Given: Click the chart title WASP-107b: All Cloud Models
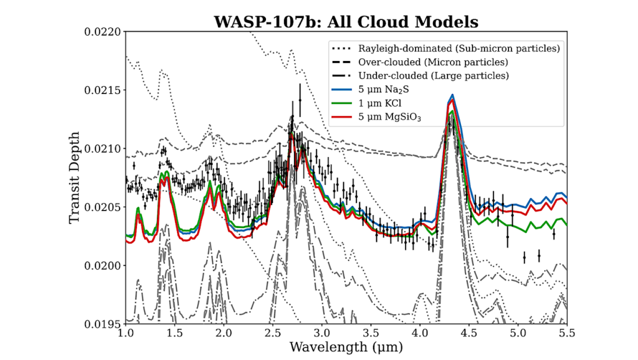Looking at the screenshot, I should click(346, 22).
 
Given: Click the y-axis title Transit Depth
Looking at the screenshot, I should click(75, 178).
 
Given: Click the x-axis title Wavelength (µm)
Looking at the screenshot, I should click(346, 346).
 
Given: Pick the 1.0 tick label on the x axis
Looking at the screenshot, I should click(126, 334).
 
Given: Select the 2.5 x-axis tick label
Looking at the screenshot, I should click(273, 334).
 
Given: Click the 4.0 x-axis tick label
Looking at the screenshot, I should click(420, 334).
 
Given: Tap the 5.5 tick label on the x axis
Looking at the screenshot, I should click(566, 334).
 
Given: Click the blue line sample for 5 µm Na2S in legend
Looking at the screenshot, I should click(341, 90).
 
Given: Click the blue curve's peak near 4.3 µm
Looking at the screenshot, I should click(452, 95).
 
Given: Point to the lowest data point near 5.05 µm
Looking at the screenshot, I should click(524, 257).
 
